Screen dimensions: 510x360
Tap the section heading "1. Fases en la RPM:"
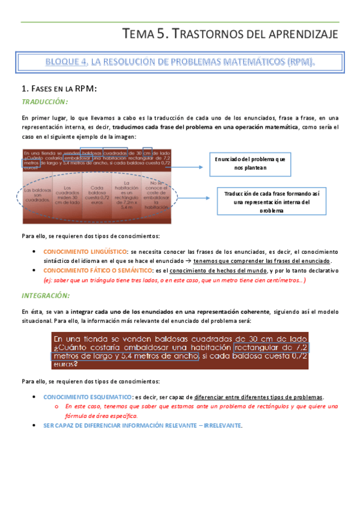(x=59, y=89)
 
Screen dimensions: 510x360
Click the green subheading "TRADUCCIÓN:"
(x=45, y=102)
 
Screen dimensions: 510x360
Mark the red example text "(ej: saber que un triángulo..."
(x=174, y=280)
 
